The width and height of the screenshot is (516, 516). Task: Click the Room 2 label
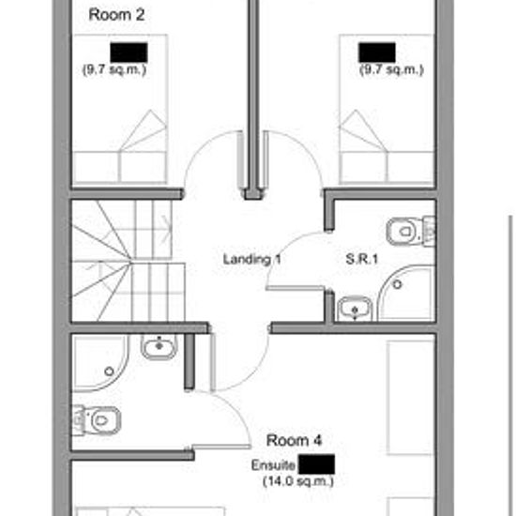[115, 14]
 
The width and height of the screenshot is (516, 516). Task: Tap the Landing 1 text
[252, 259]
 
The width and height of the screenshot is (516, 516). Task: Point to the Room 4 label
[296, 440]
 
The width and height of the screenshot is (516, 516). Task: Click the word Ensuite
[273, 465]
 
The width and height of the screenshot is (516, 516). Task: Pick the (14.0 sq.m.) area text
[297, 481]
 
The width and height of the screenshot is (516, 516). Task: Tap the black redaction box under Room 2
[128, 53]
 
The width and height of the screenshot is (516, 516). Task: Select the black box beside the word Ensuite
[318, 463]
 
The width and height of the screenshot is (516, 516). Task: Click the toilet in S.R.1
[407, 228]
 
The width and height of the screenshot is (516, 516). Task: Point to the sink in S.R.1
[354, 307]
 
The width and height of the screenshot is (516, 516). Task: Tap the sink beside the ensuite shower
[159, 349]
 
